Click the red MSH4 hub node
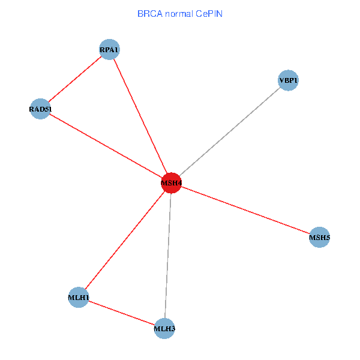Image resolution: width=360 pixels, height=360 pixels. [x=171, y=182]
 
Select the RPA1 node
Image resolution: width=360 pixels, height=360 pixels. [x=109, y=49]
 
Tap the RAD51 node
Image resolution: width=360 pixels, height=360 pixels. [x=40, y=109]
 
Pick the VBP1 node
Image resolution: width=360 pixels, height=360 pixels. [x=288, y=80]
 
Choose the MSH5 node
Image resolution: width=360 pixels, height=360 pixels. [x=319, y=238]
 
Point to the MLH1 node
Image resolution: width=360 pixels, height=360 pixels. [x=79, y=298]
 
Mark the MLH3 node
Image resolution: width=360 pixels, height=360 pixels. [x=164, y=328]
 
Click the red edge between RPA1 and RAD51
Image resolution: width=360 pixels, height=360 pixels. [x=74, y=79]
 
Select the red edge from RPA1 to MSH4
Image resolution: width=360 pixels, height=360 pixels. [x=140, y=115]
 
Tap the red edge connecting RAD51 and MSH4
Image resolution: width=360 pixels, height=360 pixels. [x=106, y=146]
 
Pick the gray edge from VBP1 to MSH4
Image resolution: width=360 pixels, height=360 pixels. [x=230, y=131]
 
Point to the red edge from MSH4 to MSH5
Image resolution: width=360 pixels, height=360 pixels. [x=245, y=210]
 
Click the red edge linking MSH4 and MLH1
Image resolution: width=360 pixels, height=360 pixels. [x=125, y=240]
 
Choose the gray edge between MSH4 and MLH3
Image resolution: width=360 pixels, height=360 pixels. [x=168, y=255]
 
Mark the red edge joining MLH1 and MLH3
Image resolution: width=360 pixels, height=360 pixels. [x=121, y=313]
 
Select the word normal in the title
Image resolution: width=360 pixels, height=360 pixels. [x=178, y=13]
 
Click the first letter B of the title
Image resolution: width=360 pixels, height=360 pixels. [x=140, y=13]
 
